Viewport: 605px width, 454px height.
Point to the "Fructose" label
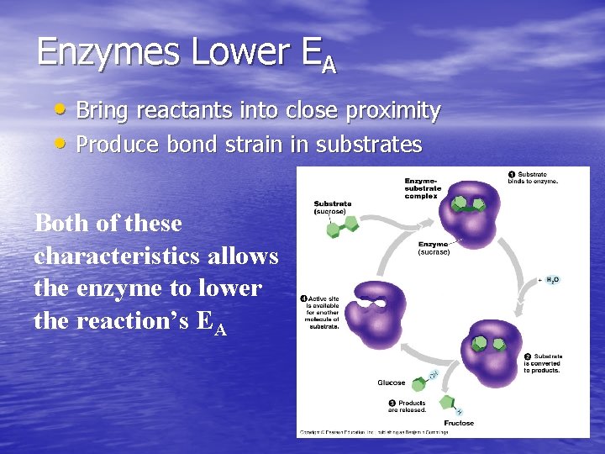point(459,423)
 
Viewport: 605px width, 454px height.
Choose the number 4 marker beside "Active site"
point(303,298)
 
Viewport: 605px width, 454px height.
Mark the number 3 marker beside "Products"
point(392,404)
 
